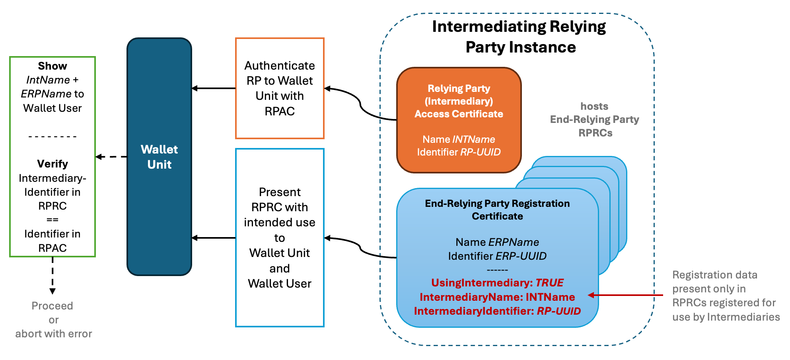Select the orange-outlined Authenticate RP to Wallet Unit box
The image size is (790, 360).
(x=280, y=88)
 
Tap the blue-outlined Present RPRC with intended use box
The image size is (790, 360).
(x=280, y=237)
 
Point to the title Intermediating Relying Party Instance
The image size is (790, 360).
(x=519, y=37)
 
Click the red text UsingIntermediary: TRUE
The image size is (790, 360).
(x=497, y=283)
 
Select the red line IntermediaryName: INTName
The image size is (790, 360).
(x=497, y=297)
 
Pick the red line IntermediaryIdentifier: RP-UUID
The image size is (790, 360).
(x=497, y=311)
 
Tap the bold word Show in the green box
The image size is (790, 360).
(x=53, y=66)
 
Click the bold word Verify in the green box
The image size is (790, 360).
(x=53, y=164)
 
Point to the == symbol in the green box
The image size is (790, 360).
(x=53, y=220)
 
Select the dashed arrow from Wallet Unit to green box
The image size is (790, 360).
(x=111, y=157)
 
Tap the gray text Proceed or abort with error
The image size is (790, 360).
(x=53, y=320)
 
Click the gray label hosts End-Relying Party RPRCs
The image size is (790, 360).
(x=595, y=119)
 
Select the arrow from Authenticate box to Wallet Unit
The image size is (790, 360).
(x=214, y=88)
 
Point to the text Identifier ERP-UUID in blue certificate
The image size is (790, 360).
(x=497, y=256)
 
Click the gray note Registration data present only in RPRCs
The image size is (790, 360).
(x=726, y=296)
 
